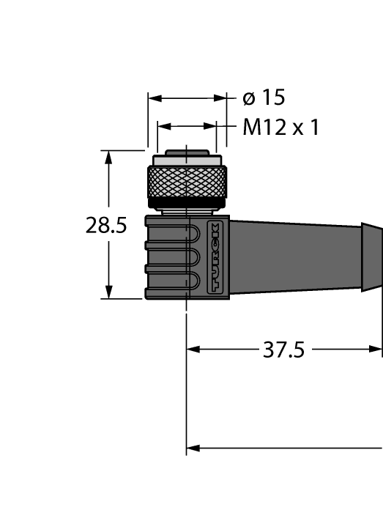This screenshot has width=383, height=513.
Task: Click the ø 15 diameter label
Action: (x=264, y=97)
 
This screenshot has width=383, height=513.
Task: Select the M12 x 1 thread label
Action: (x=280, y=127)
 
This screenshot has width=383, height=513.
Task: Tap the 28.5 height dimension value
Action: (x=106, y=226)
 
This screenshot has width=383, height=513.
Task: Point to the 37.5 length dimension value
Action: (x=283, y=350)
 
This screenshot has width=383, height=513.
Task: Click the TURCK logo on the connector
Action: (x=215, y=256)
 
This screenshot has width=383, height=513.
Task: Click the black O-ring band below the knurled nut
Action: (x=187, y=204)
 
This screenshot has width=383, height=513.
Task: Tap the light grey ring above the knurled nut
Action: (x=187, y=160)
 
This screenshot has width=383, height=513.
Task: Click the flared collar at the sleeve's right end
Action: (x=371, y=257)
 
